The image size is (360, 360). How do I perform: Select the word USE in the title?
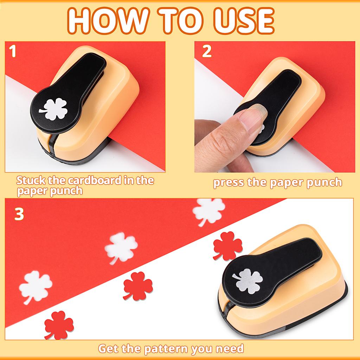coord(243,21)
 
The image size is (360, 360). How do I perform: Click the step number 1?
coord(13,52)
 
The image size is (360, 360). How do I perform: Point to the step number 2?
coord(207,52)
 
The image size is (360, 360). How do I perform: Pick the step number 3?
coord(19,214)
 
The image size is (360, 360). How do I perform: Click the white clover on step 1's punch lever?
coord(53,109)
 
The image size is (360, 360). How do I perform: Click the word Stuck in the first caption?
coord(31,181)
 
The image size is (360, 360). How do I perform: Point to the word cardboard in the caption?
coord(94,181)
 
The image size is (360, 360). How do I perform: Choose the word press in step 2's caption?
coord(229,182)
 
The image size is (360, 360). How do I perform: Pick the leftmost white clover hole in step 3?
coord(35,287)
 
